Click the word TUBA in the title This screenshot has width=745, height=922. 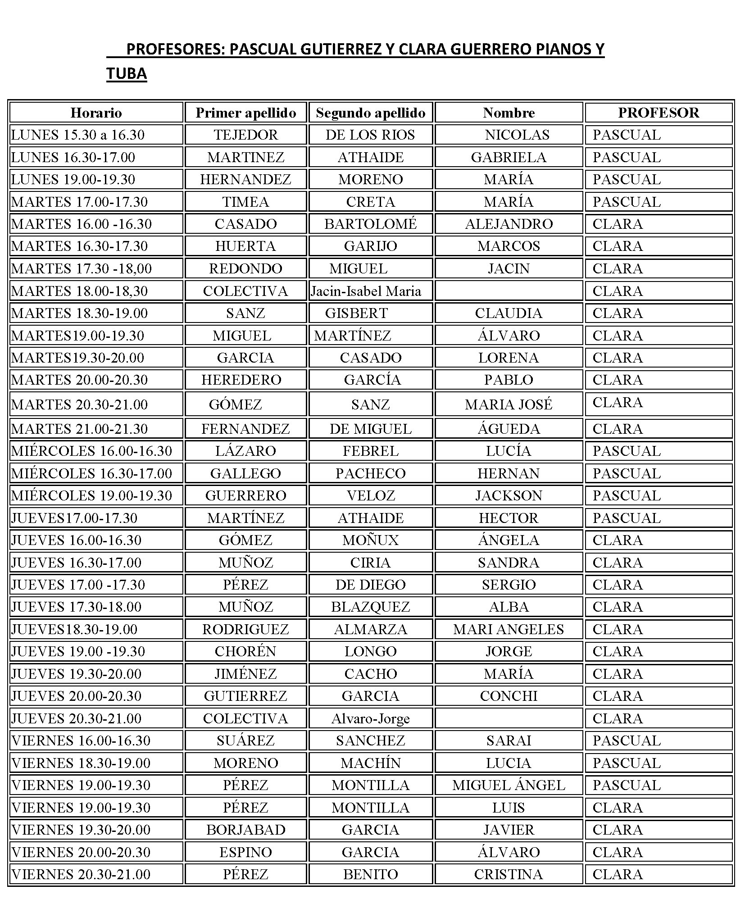click(x=127, y=73)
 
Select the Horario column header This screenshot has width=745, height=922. click(x=96, y=113)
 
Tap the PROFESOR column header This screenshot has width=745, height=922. click(x=658, y=113)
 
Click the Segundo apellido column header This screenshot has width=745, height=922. click(x=370, y=113)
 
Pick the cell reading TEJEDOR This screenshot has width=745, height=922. click(x=245, y=135)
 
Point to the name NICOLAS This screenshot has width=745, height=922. click(x=517, y=135)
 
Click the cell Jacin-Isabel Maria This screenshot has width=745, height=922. click(x=366, y=291)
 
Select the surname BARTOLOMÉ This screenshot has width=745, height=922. click(x=370, y=224)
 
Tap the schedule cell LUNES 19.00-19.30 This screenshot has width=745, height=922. click(x=73, y=179)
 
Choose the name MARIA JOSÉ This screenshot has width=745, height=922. click(x=508, y=404)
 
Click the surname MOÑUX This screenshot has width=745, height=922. click(x=370, y=540)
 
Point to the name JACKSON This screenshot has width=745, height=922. click(x=508, y=495)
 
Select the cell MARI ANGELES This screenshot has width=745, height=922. click(x=508, y=629)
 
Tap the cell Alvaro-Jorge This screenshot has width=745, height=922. click(x=370, y=718)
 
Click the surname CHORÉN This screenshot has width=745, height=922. click(x=245, y=651)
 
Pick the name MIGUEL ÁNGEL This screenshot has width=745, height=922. click(x=508, y=785)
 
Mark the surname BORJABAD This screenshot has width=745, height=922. click(x=245, y=830)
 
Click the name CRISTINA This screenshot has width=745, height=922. click(x=508, y=874)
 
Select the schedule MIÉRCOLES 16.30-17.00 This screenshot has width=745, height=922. click(x=91, y=473)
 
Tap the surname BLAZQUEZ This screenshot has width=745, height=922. click(x=370, y=607)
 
